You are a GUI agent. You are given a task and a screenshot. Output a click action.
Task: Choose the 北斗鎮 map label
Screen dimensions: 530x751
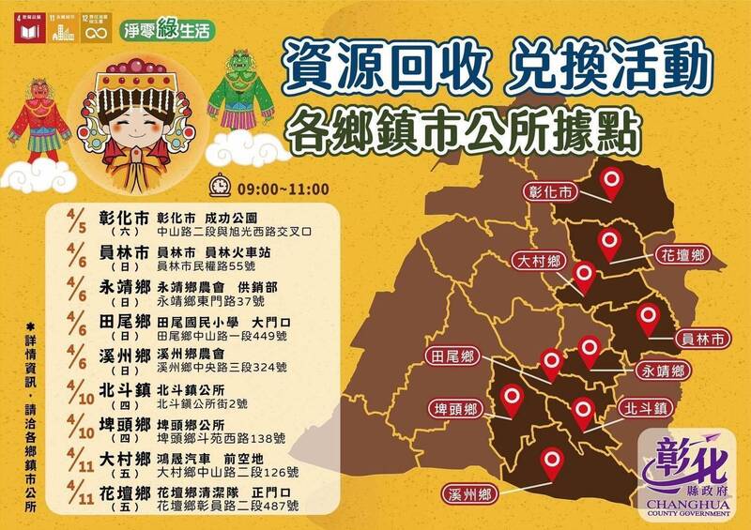point(644,409)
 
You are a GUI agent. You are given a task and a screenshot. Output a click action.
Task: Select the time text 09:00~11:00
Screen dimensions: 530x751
point(276,186)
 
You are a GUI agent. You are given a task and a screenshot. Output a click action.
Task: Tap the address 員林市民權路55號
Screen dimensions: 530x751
point(215,268)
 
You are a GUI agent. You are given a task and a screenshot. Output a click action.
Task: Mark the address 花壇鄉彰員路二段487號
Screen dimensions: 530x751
point(229,507)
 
